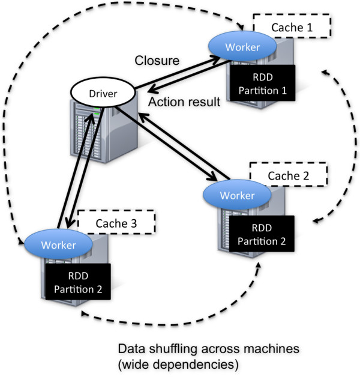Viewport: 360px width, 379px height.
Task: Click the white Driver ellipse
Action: (103, 92)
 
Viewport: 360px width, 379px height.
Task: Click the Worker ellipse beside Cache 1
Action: (242, 46)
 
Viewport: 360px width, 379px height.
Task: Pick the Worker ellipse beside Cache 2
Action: (237, 195)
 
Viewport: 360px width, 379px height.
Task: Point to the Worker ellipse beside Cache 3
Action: (58, 244)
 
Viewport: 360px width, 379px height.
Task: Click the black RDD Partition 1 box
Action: (262, 83)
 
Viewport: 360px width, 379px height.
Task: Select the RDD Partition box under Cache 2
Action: (262, 234)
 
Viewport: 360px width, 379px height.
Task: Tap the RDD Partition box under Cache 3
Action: (78, 282)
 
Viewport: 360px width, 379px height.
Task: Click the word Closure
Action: (157, 61)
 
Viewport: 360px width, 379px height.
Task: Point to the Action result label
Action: (184, 102)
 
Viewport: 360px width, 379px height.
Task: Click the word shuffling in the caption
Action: (173, 350)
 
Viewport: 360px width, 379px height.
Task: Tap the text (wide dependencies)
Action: (178, 365)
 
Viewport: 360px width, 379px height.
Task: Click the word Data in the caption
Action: (132, 349)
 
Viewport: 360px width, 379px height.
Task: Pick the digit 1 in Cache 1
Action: (309, 27)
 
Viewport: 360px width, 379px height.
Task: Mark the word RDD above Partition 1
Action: (263, 77)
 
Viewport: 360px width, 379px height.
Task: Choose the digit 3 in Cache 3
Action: (134, 223)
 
